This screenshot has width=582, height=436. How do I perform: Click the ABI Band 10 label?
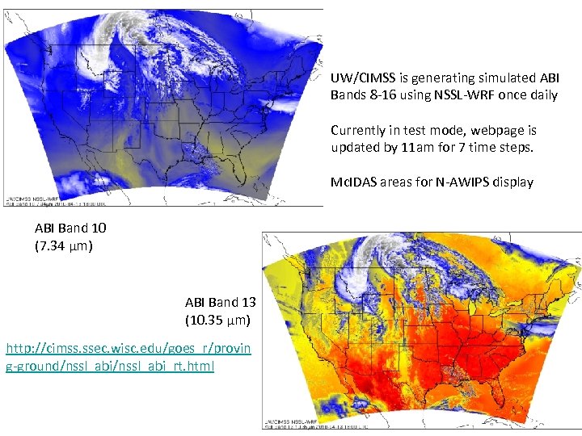click(x=70, y=228)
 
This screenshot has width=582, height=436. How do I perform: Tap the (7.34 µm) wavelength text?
click(x=64, y=245)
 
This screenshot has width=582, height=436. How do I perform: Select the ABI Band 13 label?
click(x=221, y=303)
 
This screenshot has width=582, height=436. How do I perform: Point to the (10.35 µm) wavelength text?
click(x=217, y=321)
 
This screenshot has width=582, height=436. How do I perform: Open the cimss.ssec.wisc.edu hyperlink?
click(x=128, y=358)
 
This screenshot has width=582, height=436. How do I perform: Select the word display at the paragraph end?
click(x=512, y=182)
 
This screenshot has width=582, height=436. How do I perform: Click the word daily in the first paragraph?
click(x=543, y=95)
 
